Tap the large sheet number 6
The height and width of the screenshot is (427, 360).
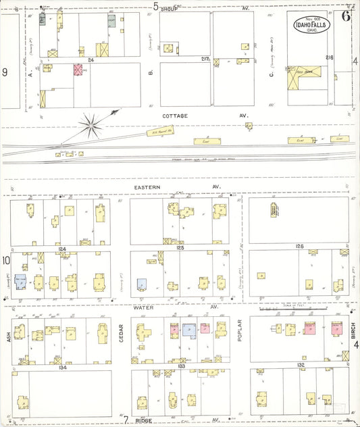point(346,17)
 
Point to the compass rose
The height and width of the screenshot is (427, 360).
point(88,123)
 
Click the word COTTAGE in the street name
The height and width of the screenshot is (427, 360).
point(175,116)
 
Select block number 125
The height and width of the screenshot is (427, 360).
point(180,249)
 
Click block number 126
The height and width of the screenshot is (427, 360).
point(299,247)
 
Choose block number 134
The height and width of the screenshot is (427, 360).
point(61,368)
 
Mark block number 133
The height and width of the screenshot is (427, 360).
point(180,366)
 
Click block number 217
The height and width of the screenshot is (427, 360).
point(205,59)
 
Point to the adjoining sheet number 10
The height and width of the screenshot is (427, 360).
point(5,260)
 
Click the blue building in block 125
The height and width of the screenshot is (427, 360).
point(142,284)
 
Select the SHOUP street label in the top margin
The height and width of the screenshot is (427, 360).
point(170,7)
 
